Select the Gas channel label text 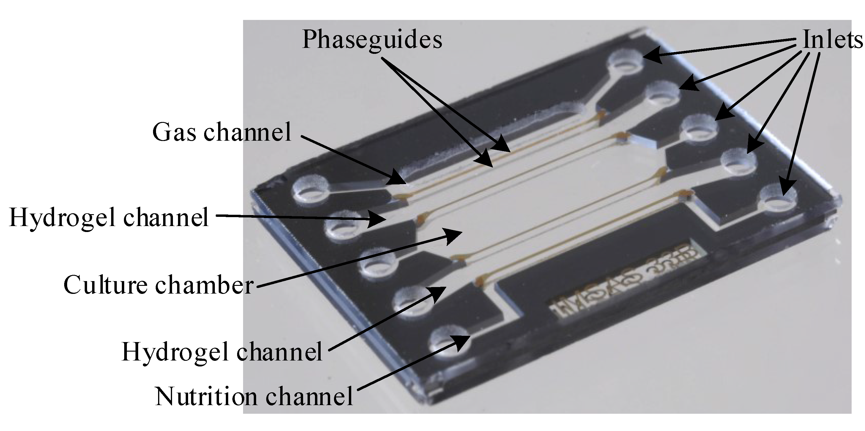click(x=222, y=132)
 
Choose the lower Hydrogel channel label click(x=222, y=352)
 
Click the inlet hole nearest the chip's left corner click(x=311, y=191)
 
